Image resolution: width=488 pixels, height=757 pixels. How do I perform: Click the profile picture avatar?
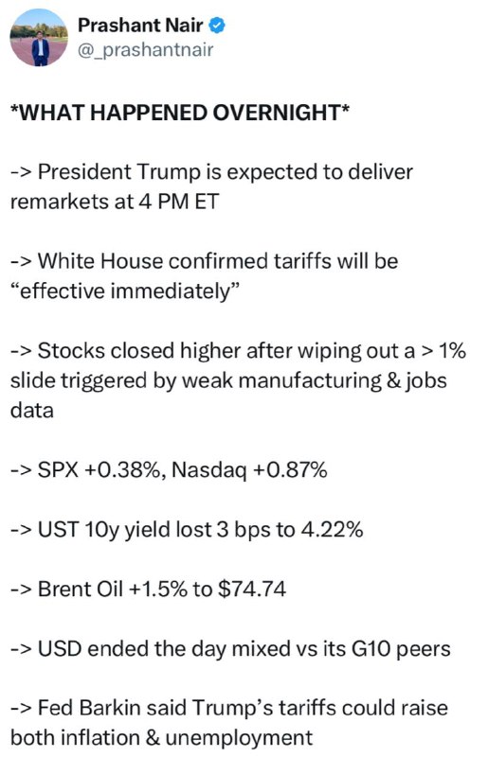40,38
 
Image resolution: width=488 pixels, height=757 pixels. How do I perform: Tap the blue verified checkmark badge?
217,26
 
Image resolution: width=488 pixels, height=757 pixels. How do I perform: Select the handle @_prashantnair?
146,50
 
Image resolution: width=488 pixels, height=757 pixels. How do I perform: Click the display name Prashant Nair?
140,26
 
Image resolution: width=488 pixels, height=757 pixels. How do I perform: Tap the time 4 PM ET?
179,202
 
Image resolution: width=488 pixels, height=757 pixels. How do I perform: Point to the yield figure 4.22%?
332,530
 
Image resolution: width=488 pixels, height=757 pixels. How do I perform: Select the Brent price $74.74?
252,589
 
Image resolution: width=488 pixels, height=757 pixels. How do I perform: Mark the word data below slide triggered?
32,411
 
